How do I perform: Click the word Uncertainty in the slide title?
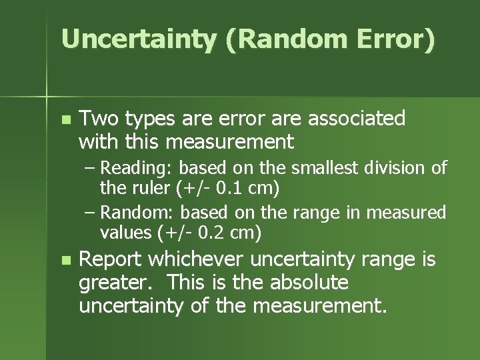[139, 39]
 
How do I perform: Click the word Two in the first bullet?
[97, 119]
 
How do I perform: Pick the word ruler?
[151, 188]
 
